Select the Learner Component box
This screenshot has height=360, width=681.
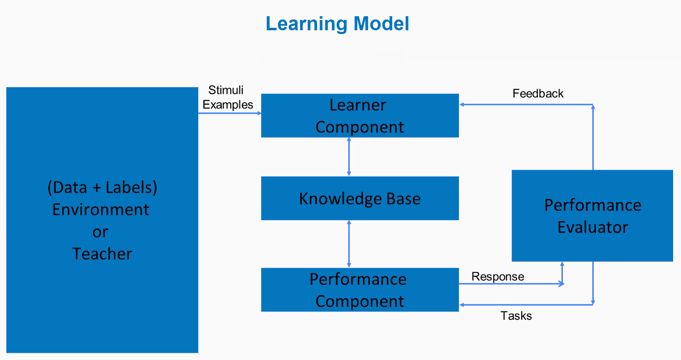(360, 115)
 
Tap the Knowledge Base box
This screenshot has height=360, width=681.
(360, 198)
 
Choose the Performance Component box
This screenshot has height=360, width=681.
(360, 289)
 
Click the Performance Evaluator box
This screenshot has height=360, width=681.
(592, 216)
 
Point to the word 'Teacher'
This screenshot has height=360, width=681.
(102, 254)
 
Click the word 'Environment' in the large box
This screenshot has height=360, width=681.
(100, 209)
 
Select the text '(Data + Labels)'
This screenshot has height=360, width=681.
(103, 187)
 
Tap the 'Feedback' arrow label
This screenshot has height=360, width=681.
(538, 93)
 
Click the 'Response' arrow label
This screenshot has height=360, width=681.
(498, 277)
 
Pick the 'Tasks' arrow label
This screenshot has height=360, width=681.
(516, 316)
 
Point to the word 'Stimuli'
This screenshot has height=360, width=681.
(226, 90)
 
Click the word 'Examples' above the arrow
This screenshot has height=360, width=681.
(228, 105)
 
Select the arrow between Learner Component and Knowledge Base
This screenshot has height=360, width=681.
(349, 157)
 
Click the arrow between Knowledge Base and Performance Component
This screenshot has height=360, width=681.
(349, 243)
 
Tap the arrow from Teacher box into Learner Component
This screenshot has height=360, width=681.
(229, 113)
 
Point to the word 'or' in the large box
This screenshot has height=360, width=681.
(100, 232)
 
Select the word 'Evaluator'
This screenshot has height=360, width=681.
(593, 227)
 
